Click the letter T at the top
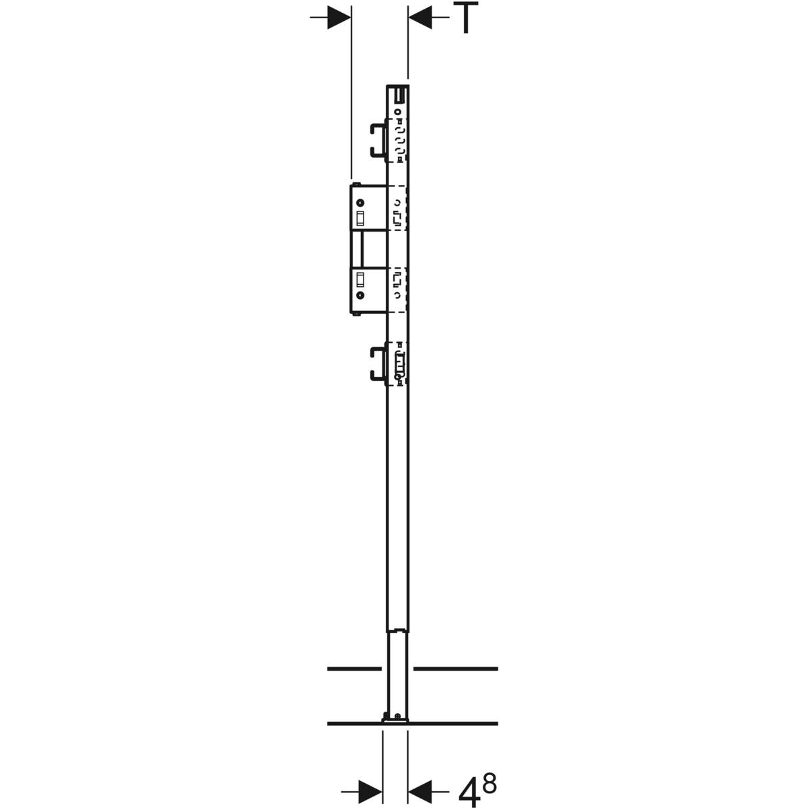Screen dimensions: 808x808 [466, 18]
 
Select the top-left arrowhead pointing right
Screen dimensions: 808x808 [339, 18]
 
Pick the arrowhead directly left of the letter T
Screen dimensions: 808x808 [419, 18]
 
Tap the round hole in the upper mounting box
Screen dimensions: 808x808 [360, 203]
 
